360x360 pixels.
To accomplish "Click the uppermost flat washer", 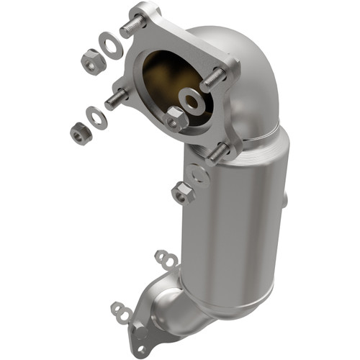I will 111,46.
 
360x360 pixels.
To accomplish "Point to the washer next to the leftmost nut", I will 96,117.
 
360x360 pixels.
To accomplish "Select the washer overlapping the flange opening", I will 193,102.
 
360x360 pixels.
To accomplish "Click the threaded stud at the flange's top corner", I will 134,26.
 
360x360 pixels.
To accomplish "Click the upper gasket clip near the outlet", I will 166,257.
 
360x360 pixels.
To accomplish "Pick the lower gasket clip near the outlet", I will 122,310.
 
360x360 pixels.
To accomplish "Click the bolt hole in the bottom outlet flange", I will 138,333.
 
